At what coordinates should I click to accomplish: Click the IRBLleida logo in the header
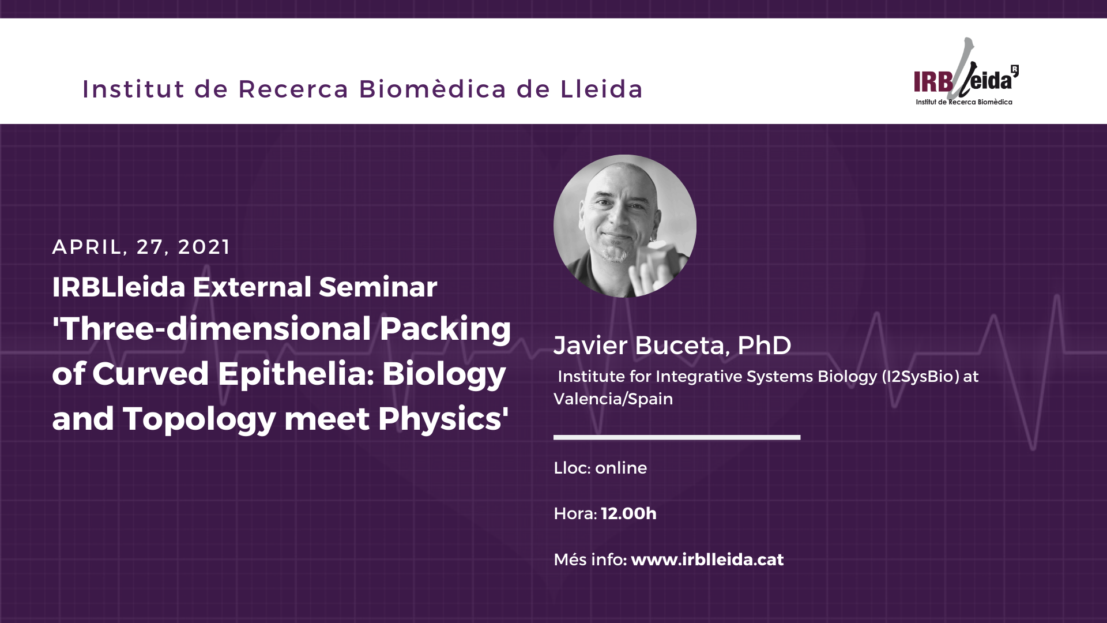(966, 72)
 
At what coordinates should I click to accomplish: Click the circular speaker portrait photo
(625, 226)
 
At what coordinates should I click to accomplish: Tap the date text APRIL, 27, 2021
(141, 247)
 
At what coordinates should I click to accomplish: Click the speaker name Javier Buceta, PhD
(672, 346)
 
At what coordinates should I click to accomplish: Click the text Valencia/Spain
(613, 399)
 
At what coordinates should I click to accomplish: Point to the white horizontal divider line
(677, 437)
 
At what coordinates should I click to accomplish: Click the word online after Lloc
(621, 468)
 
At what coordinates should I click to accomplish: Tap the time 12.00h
(628, 513)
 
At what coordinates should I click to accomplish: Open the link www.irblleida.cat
(707, 560)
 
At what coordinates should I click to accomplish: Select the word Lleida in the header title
(601, 89)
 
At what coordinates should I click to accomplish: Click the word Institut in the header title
(133, 89)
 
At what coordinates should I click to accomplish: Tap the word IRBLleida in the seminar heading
(119, 287)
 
